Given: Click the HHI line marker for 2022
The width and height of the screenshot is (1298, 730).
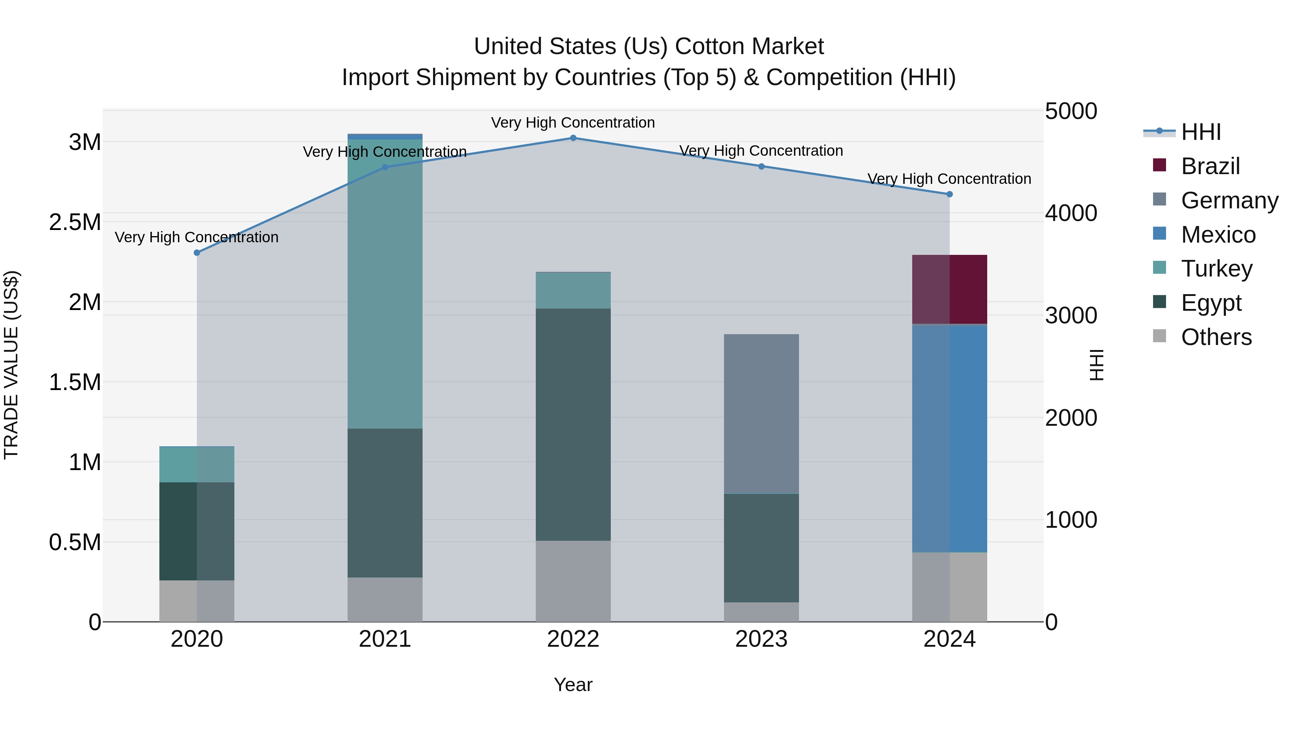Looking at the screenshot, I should (573, 138).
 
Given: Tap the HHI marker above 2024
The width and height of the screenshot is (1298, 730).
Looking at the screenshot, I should (949, 194).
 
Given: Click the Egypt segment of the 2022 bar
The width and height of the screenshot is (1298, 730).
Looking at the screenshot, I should (573, 424).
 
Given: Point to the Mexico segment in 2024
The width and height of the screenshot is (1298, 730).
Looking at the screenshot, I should (949, 438).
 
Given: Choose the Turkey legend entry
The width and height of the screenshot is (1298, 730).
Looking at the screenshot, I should (1217, 269).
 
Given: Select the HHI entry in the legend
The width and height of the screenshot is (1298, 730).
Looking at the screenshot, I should (1200, 132).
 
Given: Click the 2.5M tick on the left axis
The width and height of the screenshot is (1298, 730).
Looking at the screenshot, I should (75, 222).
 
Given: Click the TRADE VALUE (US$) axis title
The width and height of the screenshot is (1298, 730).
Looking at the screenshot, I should (11, 365).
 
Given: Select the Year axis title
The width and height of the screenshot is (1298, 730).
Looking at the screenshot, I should (573, 685).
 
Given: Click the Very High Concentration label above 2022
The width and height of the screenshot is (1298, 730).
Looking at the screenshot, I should (573, 123).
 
